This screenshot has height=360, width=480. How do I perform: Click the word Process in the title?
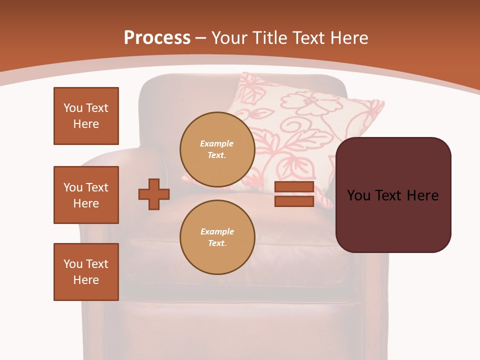point(157,38)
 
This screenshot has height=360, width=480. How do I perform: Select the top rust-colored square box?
point(86,116)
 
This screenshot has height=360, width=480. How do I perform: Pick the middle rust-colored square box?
point(86,195)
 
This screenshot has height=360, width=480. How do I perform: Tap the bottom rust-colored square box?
point(86,272)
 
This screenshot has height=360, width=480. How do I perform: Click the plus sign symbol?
point(154,194)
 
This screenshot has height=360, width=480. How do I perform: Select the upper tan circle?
point(217,149)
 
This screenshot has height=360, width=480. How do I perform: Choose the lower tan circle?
point(217,237)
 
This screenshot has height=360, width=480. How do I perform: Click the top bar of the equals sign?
point(294,187)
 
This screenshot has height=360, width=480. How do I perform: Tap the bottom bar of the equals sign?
point(294,201)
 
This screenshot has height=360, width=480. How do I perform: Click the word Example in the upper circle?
point(217,143)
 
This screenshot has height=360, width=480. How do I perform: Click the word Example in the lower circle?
point(217,231)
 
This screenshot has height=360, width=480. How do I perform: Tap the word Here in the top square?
point(86,124)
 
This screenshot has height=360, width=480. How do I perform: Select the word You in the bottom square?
point(72,264)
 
